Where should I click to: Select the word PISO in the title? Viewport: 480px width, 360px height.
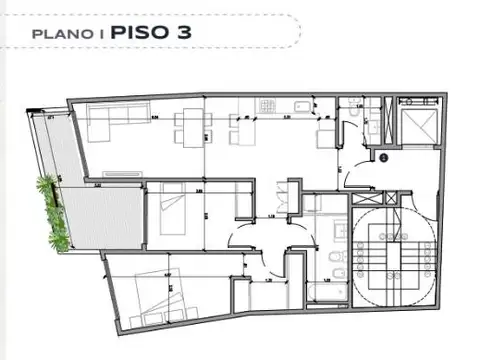140,31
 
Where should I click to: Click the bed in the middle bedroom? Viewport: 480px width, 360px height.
167,210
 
